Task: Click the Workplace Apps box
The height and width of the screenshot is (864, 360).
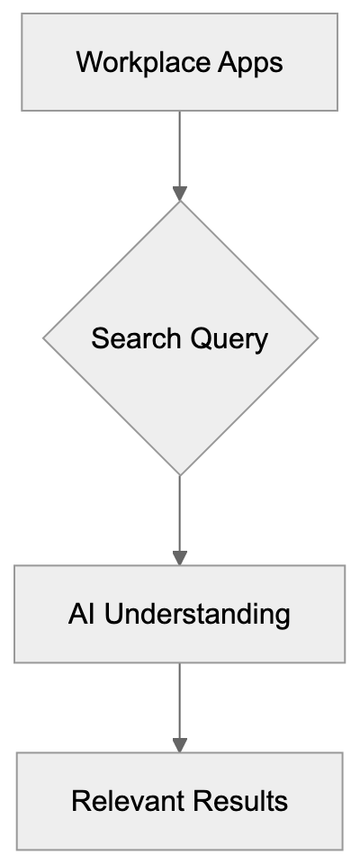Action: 180,63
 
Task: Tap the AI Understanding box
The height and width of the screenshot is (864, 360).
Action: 180,614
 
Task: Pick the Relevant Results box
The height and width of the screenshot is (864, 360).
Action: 180,801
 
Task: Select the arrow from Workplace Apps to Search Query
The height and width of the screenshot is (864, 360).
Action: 180,148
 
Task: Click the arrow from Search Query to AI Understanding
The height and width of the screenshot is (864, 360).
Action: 180,513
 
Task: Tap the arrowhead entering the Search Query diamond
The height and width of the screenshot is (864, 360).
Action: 180,193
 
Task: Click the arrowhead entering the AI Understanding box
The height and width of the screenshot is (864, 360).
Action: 180,558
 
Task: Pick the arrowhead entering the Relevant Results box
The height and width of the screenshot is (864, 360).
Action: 180,745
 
